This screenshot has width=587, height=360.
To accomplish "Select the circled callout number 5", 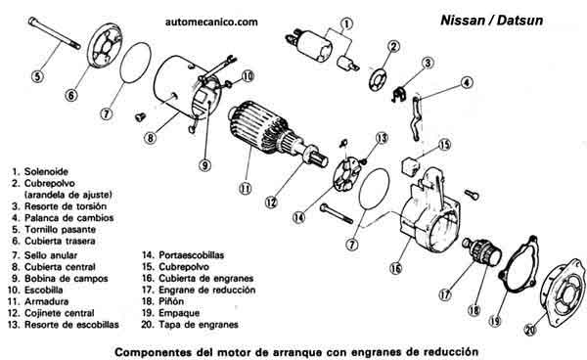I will (x=36, y=74).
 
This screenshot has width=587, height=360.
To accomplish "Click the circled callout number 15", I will (x=445, y=145).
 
